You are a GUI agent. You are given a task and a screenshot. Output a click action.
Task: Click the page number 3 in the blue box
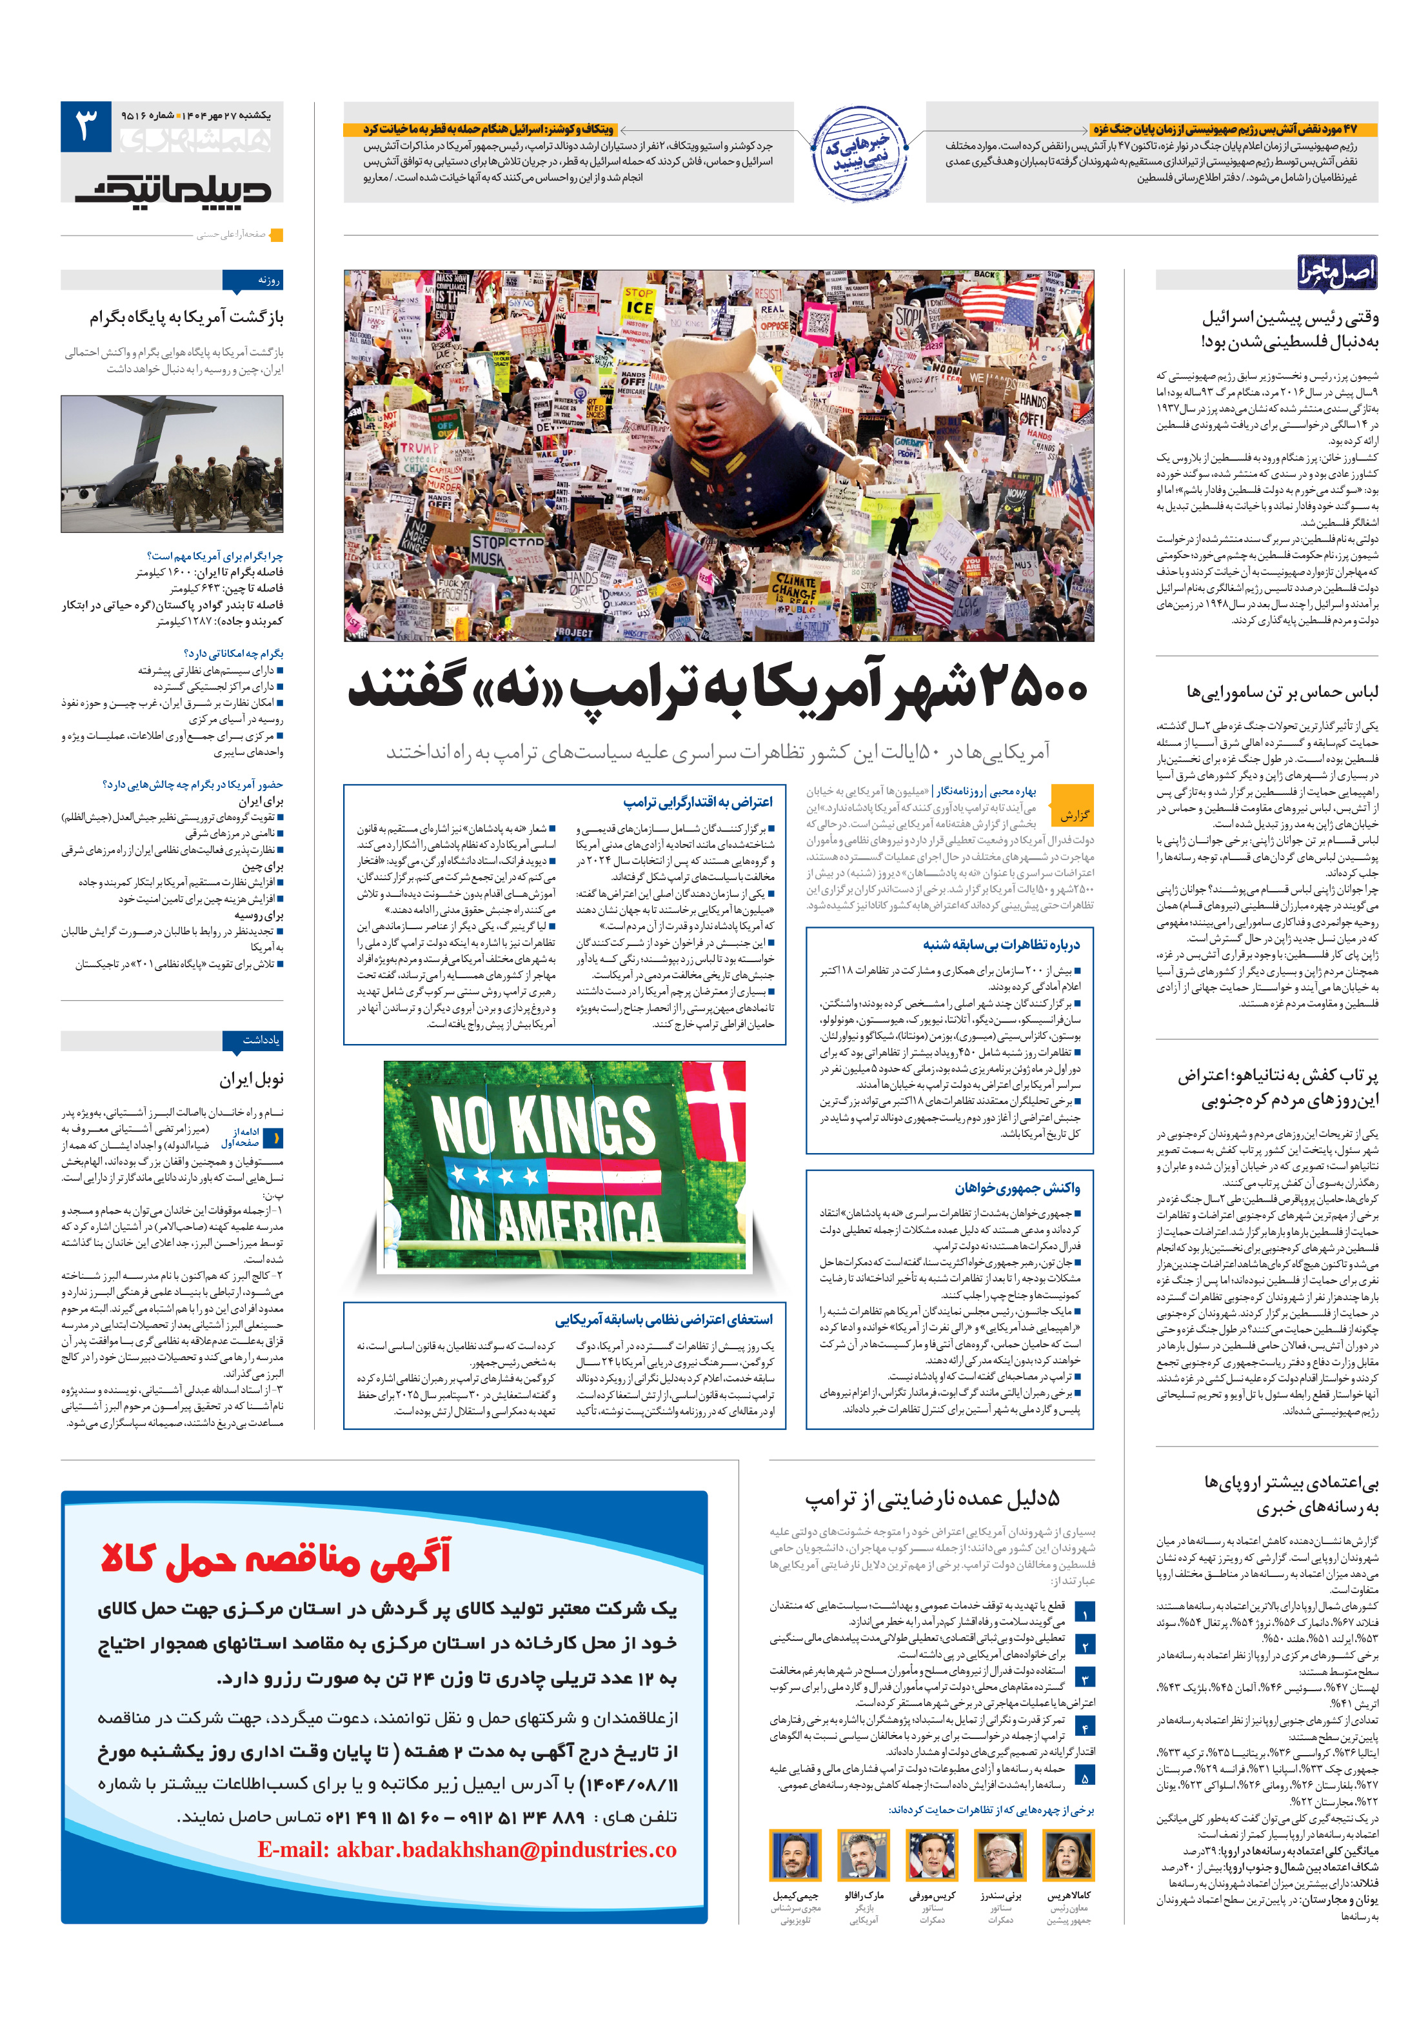pos(86,126)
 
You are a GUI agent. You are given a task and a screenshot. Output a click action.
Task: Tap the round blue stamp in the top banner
pos(859,154)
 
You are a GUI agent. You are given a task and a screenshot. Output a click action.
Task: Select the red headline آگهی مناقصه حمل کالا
pos(275,1558)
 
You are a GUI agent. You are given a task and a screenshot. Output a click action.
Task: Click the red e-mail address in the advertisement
pos(466,1849)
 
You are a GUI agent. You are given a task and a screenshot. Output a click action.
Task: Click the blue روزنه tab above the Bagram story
pos(253,281)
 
